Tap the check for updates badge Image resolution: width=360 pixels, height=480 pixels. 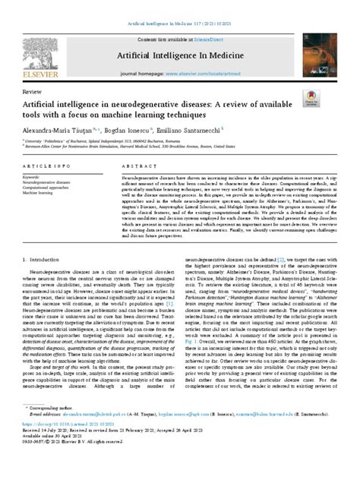click(310, 99)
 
